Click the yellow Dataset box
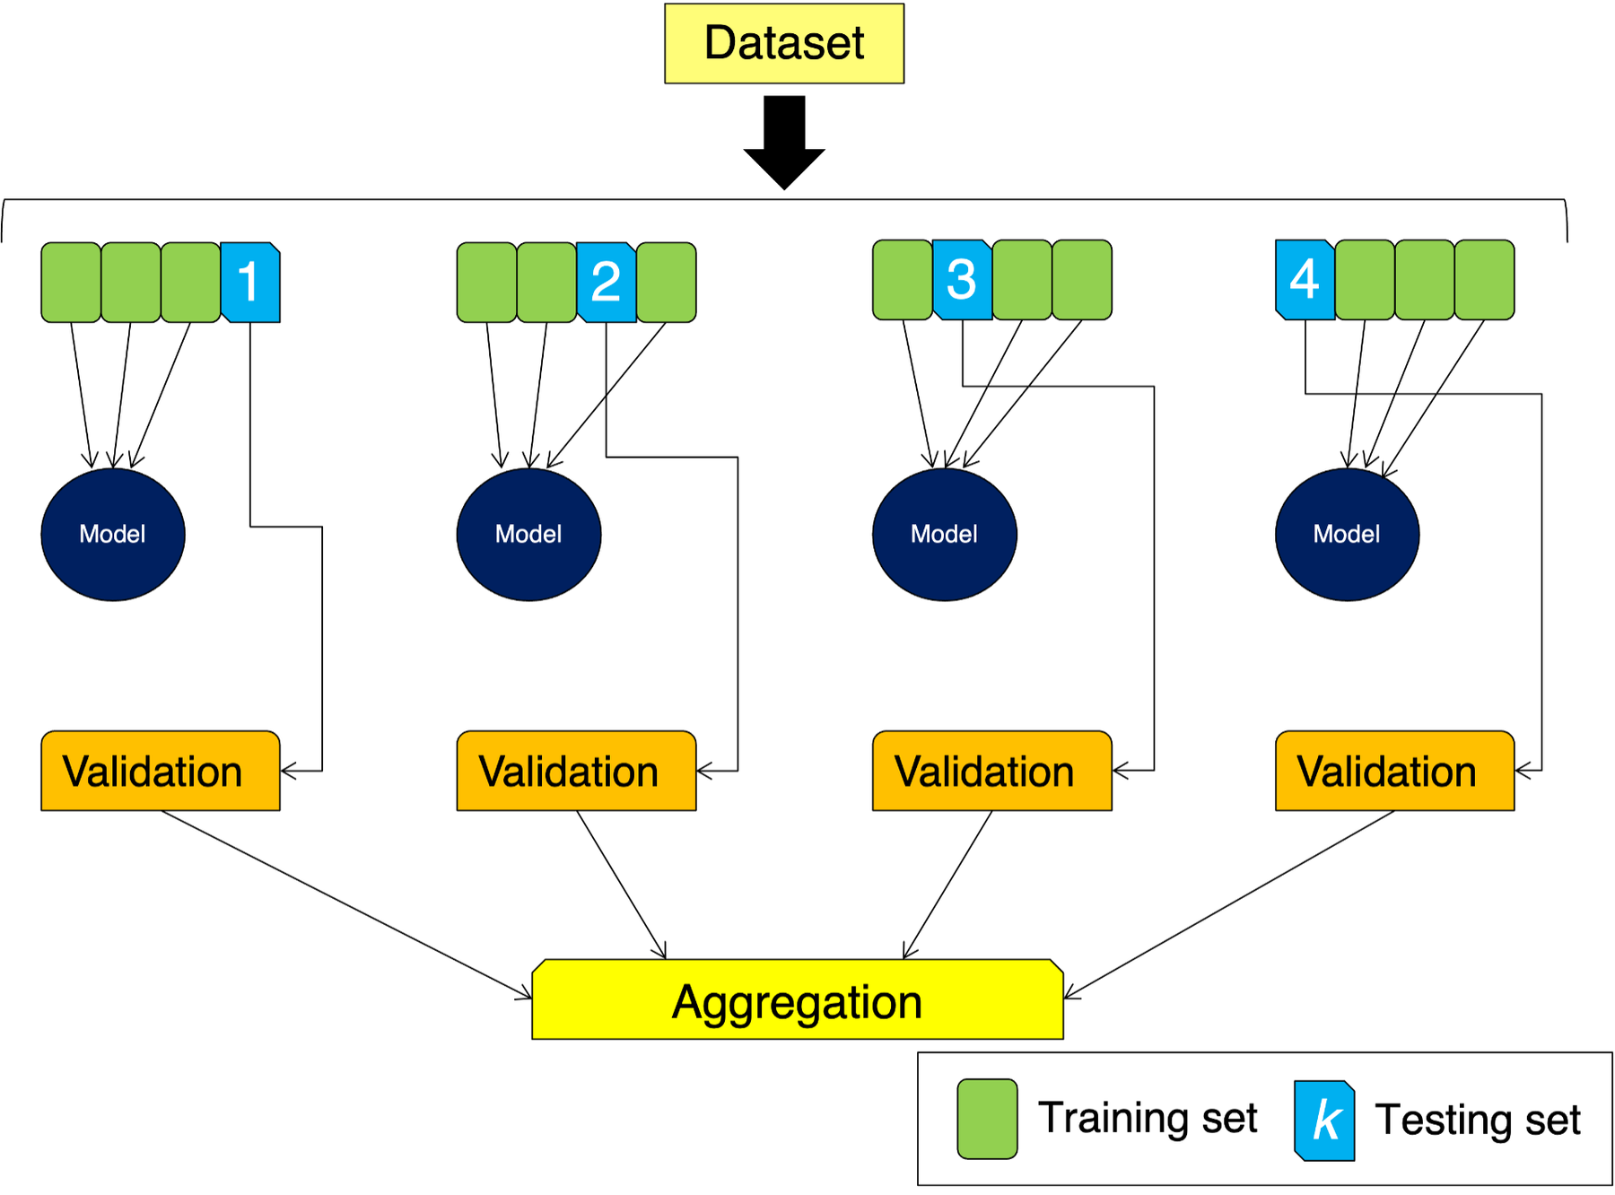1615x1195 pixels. pos(783,43)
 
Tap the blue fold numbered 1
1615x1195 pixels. pos(250,282)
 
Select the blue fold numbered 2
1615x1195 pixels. pos(607,282)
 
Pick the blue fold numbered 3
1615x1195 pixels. pos(962,279)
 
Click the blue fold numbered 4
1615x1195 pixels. pos(1305,279)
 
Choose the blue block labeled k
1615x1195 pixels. pos(1325,1121)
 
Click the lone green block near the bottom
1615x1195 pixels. pos(987,1119)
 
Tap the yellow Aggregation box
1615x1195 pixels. pos(797,999)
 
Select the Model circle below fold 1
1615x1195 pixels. pos(113,534)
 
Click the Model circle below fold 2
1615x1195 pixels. pos(528,534)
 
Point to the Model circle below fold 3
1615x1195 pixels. pos(944,534)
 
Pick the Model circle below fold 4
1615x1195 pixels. pos(1347,534)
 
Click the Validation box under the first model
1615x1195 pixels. pos(161,771)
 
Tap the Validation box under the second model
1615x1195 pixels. pos(576,771)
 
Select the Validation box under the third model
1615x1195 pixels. pos(991,771)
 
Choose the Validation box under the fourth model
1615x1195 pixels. pos(1394,771)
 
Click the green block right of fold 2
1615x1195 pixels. pos(666,282)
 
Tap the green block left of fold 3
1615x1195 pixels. pos(903,279)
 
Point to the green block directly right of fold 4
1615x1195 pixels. pos(1365,279)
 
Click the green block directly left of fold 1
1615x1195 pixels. pos(190,282)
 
